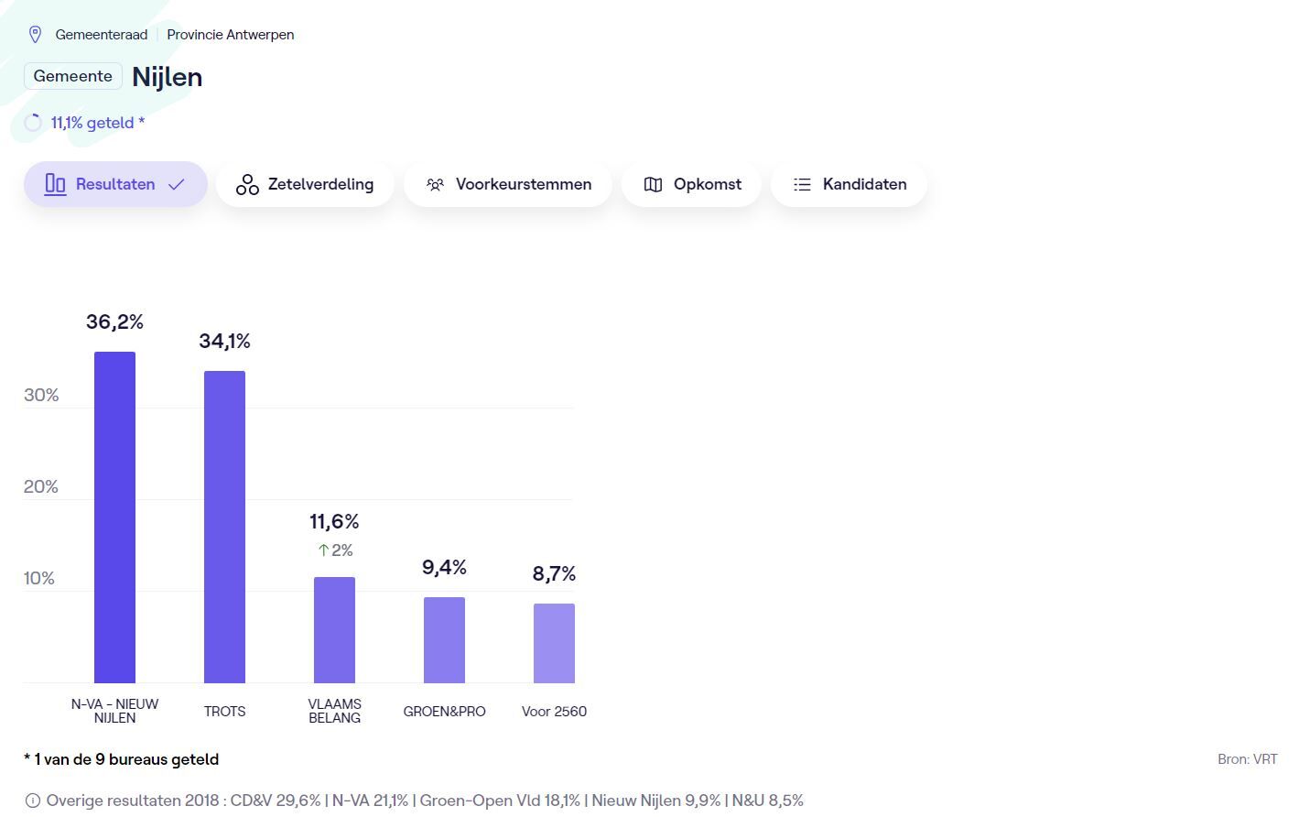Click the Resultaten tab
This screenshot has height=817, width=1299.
tap(115, 184)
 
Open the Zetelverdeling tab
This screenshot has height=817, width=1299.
tap(305, 184)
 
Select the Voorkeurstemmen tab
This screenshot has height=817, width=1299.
tap(508, 184)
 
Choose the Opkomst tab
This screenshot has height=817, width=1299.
tap(691, 184)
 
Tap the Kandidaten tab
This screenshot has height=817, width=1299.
tap(849, 184)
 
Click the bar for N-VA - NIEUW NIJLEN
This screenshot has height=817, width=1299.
tap(114, 517)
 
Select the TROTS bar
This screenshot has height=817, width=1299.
tap(224, 527)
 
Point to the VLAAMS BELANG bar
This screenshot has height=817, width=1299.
tap(334, 630)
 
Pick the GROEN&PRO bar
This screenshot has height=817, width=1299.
tap(444, 640)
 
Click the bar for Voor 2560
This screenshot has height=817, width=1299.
tap(554, 643)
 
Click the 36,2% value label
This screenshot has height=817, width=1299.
tap(114, 321)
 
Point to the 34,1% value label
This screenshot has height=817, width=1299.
tap(224, 341)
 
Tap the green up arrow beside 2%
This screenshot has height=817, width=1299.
tap(323, 550)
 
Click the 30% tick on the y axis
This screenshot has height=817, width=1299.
tap(41, 395)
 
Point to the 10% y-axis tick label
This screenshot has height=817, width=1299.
tap(39, 578)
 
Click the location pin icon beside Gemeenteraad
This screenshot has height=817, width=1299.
tap(36, 35)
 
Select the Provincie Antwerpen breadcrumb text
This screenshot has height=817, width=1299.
tap(230, 35)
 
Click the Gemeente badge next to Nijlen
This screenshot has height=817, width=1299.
tap(73, 76)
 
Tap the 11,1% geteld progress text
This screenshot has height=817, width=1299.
tap(97, 123)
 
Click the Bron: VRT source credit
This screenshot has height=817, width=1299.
tap(1247, 759)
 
